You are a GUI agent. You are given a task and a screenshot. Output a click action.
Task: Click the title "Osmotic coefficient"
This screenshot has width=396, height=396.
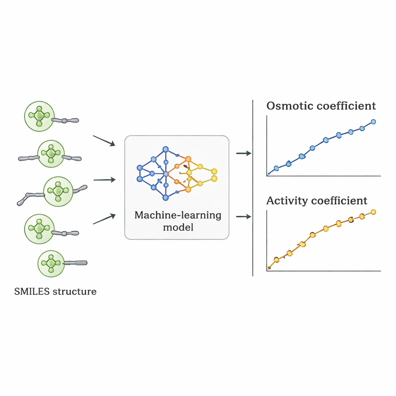[321, 106]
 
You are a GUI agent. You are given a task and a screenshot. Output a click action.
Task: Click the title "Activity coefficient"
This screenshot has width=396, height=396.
[317, 201]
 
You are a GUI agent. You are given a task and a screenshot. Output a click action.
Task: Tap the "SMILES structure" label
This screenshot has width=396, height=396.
[55, 291]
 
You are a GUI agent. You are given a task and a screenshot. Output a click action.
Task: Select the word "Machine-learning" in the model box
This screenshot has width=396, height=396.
[178, 215]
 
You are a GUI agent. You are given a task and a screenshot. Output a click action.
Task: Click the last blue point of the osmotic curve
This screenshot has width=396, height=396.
[373, 122]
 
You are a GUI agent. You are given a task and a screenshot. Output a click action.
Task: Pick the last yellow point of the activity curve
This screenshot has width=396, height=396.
[373, 212]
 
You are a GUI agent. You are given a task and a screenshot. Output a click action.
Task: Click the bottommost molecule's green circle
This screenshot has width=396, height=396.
[51, 263]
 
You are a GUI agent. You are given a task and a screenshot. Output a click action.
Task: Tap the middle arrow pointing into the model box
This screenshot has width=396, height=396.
[105, 180]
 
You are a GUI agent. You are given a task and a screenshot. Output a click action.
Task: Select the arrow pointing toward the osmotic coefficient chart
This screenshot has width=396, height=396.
[244, 154]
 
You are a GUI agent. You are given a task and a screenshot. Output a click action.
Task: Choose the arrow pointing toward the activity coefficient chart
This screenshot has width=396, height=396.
[244, 217]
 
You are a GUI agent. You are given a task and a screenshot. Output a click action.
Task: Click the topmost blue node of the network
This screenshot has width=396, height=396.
[166, 149]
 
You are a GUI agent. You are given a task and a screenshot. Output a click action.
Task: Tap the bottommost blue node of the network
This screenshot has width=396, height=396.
[166, 198]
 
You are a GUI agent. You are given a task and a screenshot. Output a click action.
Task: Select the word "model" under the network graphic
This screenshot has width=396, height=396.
[178, 227]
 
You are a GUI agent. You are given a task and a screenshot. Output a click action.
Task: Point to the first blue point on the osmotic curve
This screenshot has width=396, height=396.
[276, 168]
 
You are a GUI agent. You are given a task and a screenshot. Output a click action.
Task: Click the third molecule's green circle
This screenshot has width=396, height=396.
[58, 190]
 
